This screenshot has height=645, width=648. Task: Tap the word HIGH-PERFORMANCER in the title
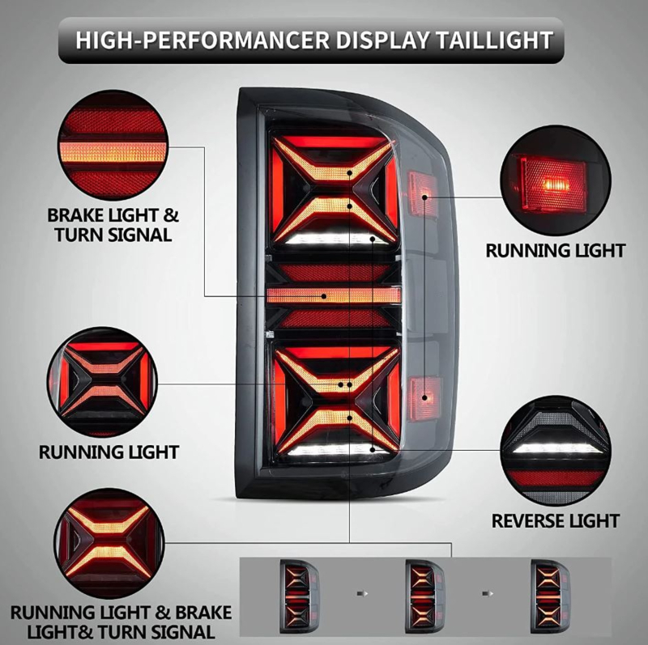pyautogui.click(x=202, y=40)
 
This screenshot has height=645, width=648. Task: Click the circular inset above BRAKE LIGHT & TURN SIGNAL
pyautogui.click(x=113, y=145)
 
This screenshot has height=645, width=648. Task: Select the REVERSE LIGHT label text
pyautogui.click(x=556, y=520)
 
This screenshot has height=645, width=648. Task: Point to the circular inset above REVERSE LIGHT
pyautogui.click(x=556, y=451)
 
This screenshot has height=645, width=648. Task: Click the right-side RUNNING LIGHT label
pyautogui.click(x=556, y=251)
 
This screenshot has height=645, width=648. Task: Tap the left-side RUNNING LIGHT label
pyautogui.click(x=109, y=452)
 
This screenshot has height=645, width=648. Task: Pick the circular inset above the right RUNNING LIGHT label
pyautogui.click(x=556, y=180)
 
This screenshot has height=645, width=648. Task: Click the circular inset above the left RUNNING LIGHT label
pyautogui.click(x=102, y=382)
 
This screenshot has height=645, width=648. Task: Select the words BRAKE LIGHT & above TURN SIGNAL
pyautogui.click(x=113, y=215)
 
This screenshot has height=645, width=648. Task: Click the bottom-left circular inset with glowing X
pyautogui.click(x=109, y=543)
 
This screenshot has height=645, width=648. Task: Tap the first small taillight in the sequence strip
pyautogui.click(x=299, y=596)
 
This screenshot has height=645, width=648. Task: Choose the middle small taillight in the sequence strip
pyautogui.click(x=424, y=596)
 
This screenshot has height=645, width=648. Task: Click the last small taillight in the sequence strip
pyautogui.click(x=551, y=596)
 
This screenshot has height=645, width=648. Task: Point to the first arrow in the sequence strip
pyautogui.click(x=362, y=594)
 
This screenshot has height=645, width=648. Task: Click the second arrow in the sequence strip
pyautogui.click(x=488, y=594)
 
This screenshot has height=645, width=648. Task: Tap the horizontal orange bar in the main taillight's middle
pyautogui.click(x=334, y=295)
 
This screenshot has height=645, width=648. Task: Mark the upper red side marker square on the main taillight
pyautogui.click(x=422, y=194)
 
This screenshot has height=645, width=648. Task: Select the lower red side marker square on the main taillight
pyautogui.click(x=424, y=397)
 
